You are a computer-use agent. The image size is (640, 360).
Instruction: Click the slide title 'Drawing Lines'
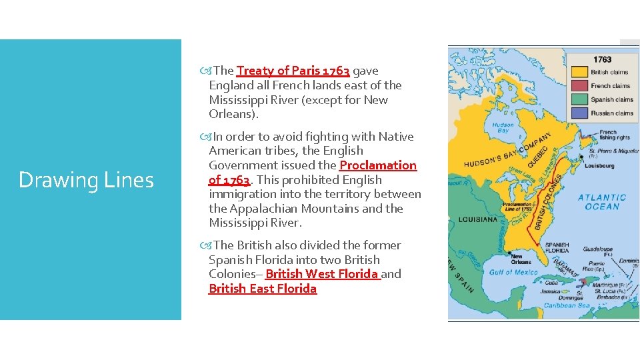(x=86, y=180)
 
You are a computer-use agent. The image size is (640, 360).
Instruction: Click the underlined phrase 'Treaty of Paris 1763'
(x=293, y=71)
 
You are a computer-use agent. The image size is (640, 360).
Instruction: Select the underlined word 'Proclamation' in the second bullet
(x=378, y=165)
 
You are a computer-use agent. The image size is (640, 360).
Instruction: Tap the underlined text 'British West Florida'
(x=323, y=274)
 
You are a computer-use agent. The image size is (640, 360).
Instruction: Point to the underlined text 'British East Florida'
(x=263, y=289)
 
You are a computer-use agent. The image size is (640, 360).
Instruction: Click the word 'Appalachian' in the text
(x=261, y=209)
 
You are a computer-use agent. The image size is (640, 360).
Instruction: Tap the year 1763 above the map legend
(x=602, y=59)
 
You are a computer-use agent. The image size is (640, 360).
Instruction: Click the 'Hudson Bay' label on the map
(x=502, y=127)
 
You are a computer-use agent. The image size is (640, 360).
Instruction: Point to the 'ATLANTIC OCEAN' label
(x=601, y=202)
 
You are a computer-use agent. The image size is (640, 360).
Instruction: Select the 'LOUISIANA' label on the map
(x=477, y=219)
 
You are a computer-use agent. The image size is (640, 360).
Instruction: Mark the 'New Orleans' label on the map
(x=521, y=259)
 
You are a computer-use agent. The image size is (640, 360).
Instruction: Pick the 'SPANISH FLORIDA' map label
(x=557, y=248)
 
